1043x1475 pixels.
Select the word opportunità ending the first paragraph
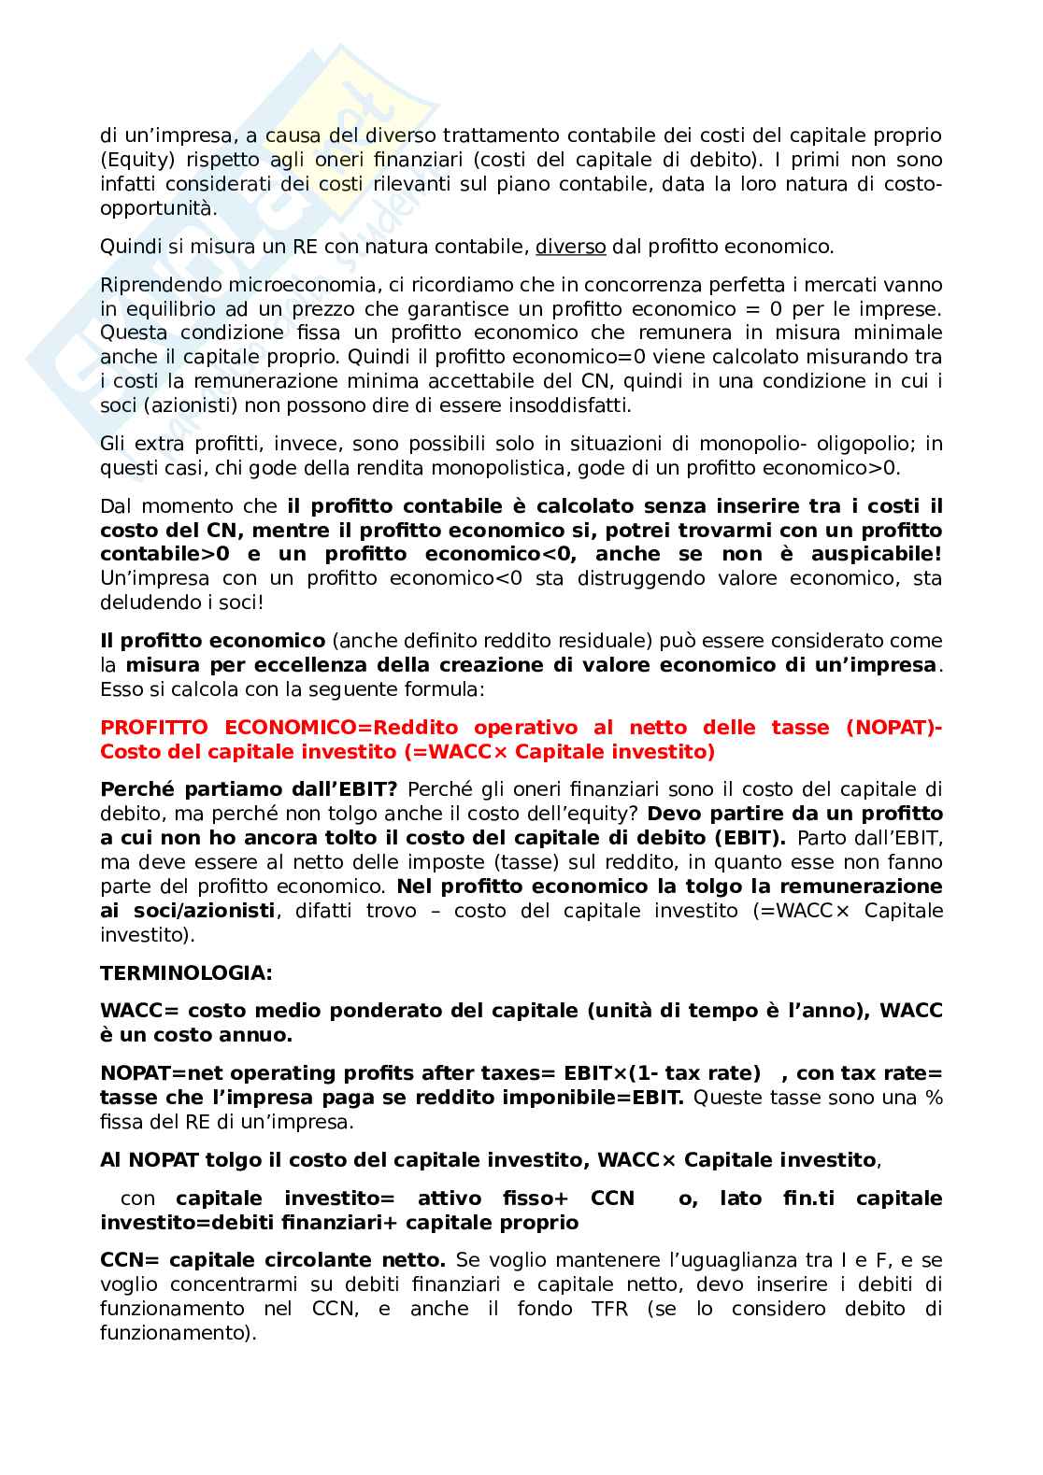158,208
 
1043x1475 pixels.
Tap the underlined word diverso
570,247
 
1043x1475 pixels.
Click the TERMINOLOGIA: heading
186,972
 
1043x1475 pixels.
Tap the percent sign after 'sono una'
934,1098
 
